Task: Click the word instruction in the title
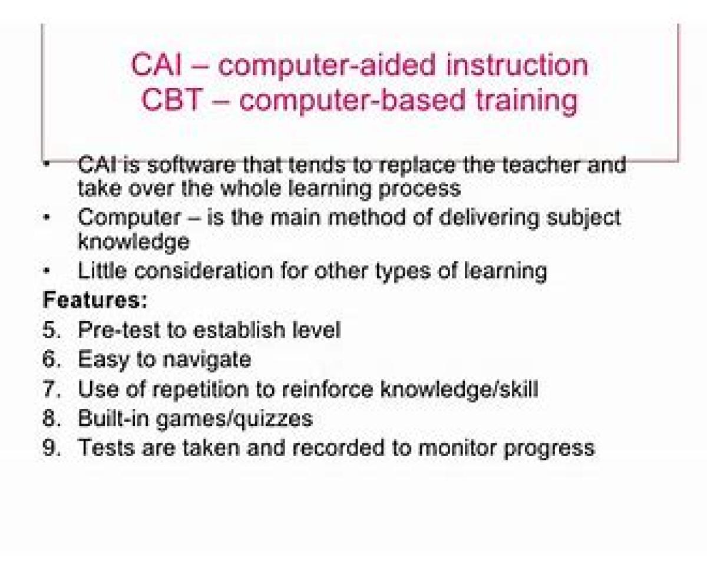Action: [517, 65]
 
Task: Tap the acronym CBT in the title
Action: [172, 100]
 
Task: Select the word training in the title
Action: [527, 101]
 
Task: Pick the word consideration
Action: [204, 271]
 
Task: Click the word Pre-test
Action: [119, 330]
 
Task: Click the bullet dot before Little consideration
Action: [47, 270]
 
